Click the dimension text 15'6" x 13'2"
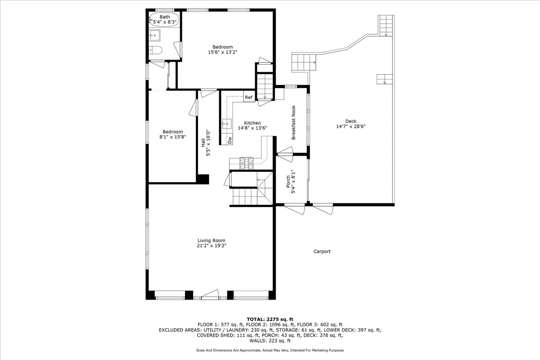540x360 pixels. click(x=222, y=52)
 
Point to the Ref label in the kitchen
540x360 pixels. click(x=248, y=97)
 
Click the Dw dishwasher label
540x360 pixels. click(x=229, y=140)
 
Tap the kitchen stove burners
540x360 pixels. click(x=247, y=163)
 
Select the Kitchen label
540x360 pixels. click(x=252, y=123)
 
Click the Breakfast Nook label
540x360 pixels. click(x=293, y=122)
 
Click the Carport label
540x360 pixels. click(x=322, y=252)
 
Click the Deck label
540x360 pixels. click(x=351, y=121)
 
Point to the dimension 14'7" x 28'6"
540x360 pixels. click(x=351, y=126)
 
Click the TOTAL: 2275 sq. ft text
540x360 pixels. click(x=270, y=319)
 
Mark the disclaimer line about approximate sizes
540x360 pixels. click(x=270, y=350)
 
